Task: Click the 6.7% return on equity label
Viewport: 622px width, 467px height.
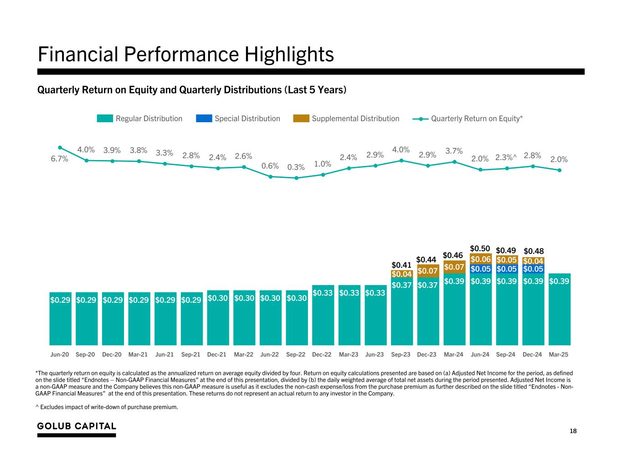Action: point(59,159)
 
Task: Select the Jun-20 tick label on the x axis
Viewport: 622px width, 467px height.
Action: point(60,354)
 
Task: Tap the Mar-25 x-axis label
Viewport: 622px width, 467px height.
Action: point(559,354)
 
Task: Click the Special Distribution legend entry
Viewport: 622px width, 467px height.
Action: point(238,119)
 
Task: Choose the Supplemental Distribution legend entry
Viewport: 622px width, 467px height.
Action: point(346,119)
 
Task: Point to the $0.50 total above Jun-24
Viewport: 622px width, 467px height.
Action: point(480,248)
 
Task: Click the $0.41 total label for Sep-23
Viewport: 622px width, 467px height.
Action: point(401,265)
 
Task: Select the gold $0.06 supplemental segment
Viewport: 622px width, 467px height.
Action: point(480,259)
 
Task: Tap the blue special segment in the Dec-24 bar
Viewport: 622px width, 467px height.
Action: point(533,269)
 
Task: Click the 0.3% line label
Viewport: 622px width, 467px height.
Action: point(296,167)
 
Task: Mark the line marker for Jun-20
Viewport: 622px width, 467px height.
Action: point(60,147)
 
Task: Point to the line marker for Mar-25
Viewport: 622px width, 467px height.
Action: point(560,170)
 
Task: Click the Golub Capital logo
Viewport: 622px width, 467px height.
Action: point(77,426)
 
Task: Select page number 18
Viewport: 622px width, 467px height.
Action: point(573,431)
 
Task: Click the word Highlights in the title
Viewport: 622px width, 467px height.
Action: point(289,55)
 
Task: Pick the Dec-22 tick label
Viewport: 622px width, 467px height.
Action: point(322,354)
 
